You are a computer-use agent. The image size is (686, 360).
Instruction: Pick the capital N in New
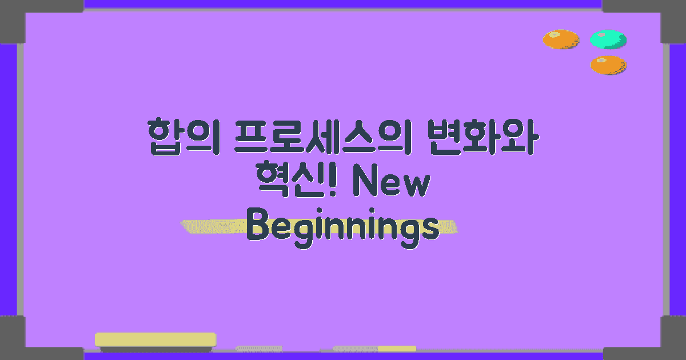pyautogui.click(x=364, y=184)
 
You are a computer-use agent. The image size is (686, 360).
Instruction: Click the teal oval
pyautogui.click(x=608, y=39)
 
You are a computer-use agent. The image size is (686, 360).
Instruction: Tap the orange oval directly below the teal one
pyautogui.click(x=608, y=65)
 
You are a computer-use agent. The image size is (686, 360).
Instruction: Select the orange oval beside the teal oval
pyautogui.click(x=561, y=39)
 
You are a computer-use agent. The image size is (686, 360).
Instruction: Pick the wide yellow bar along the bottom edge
pyautogui.click(x=155, y=339)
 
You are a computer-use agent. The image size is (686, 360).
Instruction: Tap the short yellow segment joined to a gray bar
pyautogui.click(x=397, y=349)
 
